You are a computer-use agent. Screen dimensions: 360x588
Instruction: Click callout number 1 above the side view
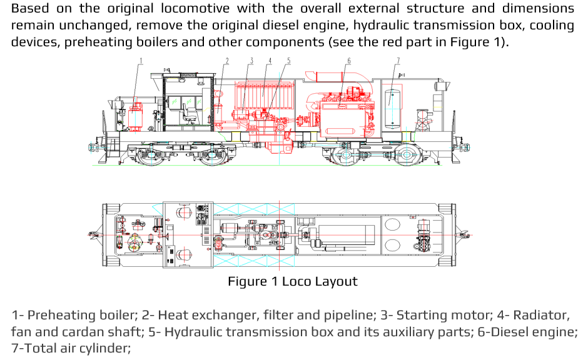[141, 61]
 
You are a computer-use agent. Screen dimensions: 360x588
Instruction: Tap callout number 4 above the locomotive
[270, 61]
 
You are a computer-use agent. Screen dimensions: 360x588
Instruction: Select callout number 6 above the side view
[348, 61]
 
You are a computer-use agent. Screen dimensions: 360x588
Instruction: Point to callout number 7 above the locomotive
[398, 61]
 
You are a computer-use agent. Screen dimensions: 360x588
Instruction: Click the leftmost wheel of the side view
[151, 156]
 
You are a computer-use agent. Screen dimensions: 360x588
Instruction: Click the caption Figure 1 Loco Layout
[293, 281]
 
